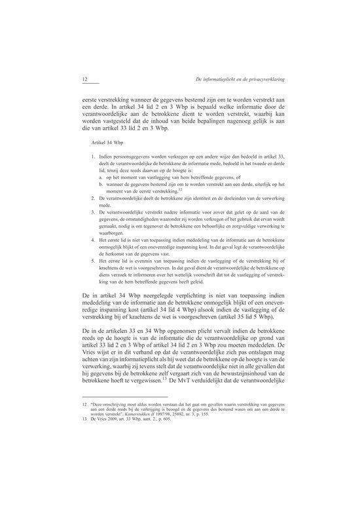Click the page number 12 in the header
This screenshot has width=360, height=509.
coord(84,80)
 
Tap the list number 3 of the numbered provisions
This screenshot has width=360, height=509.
coord(95,213)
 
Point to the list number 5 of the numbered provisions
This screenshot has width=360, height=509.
coord(95,261)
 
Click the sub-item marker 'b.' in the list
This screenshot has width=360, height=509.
coord(100,185)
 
